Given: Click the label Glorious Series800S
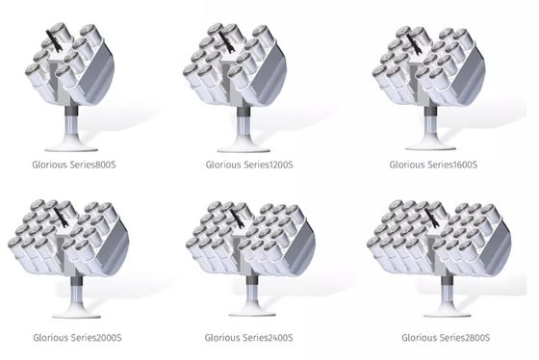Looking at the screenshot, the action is click(x=74, y=165).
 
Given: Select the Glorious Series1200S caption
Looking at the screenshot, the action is click(x=249, y=165).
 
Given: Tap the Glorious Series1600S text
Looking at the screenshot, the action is click(x=433, y=165).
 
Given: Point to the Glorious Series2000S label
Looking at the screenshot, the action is click(x=77, y=338).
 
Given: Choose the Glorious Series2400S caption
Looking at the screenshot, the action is click(x=249, y=338).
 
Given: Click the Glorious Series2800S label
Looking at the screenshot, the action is click(x=446, y=338).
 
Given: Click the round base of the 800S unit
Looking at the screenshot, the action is click(x=71, y=147).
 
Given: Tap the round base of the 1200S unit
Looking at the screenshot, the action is click(x=244, y=148).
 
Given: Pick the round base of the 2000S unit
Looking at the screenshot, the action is click(x=76, y=314).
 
